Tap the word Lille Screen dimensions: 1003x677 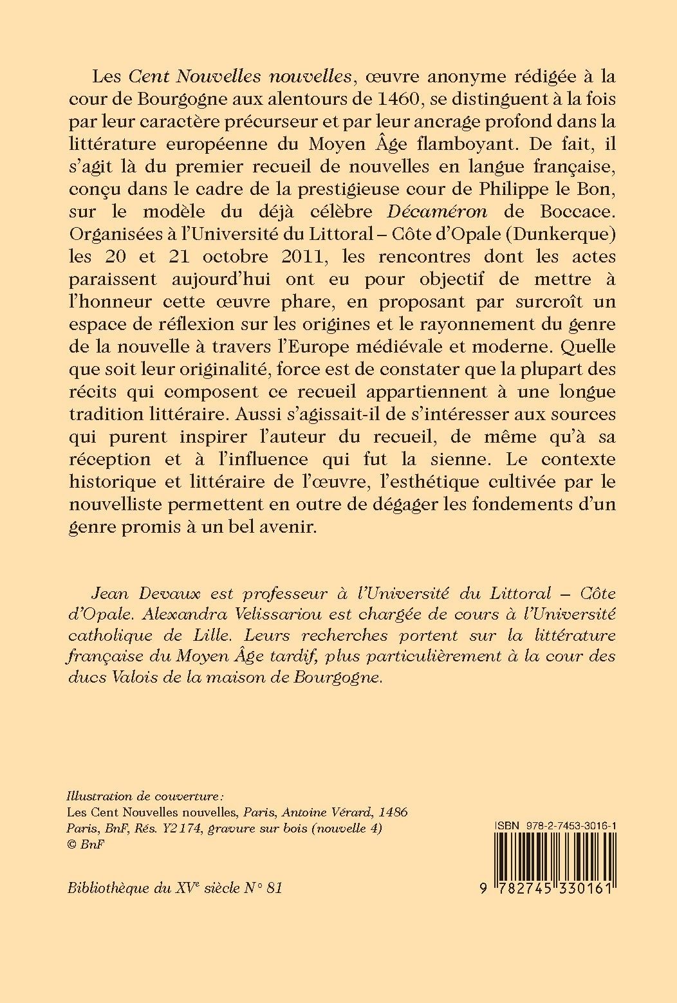coord(210,636)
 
